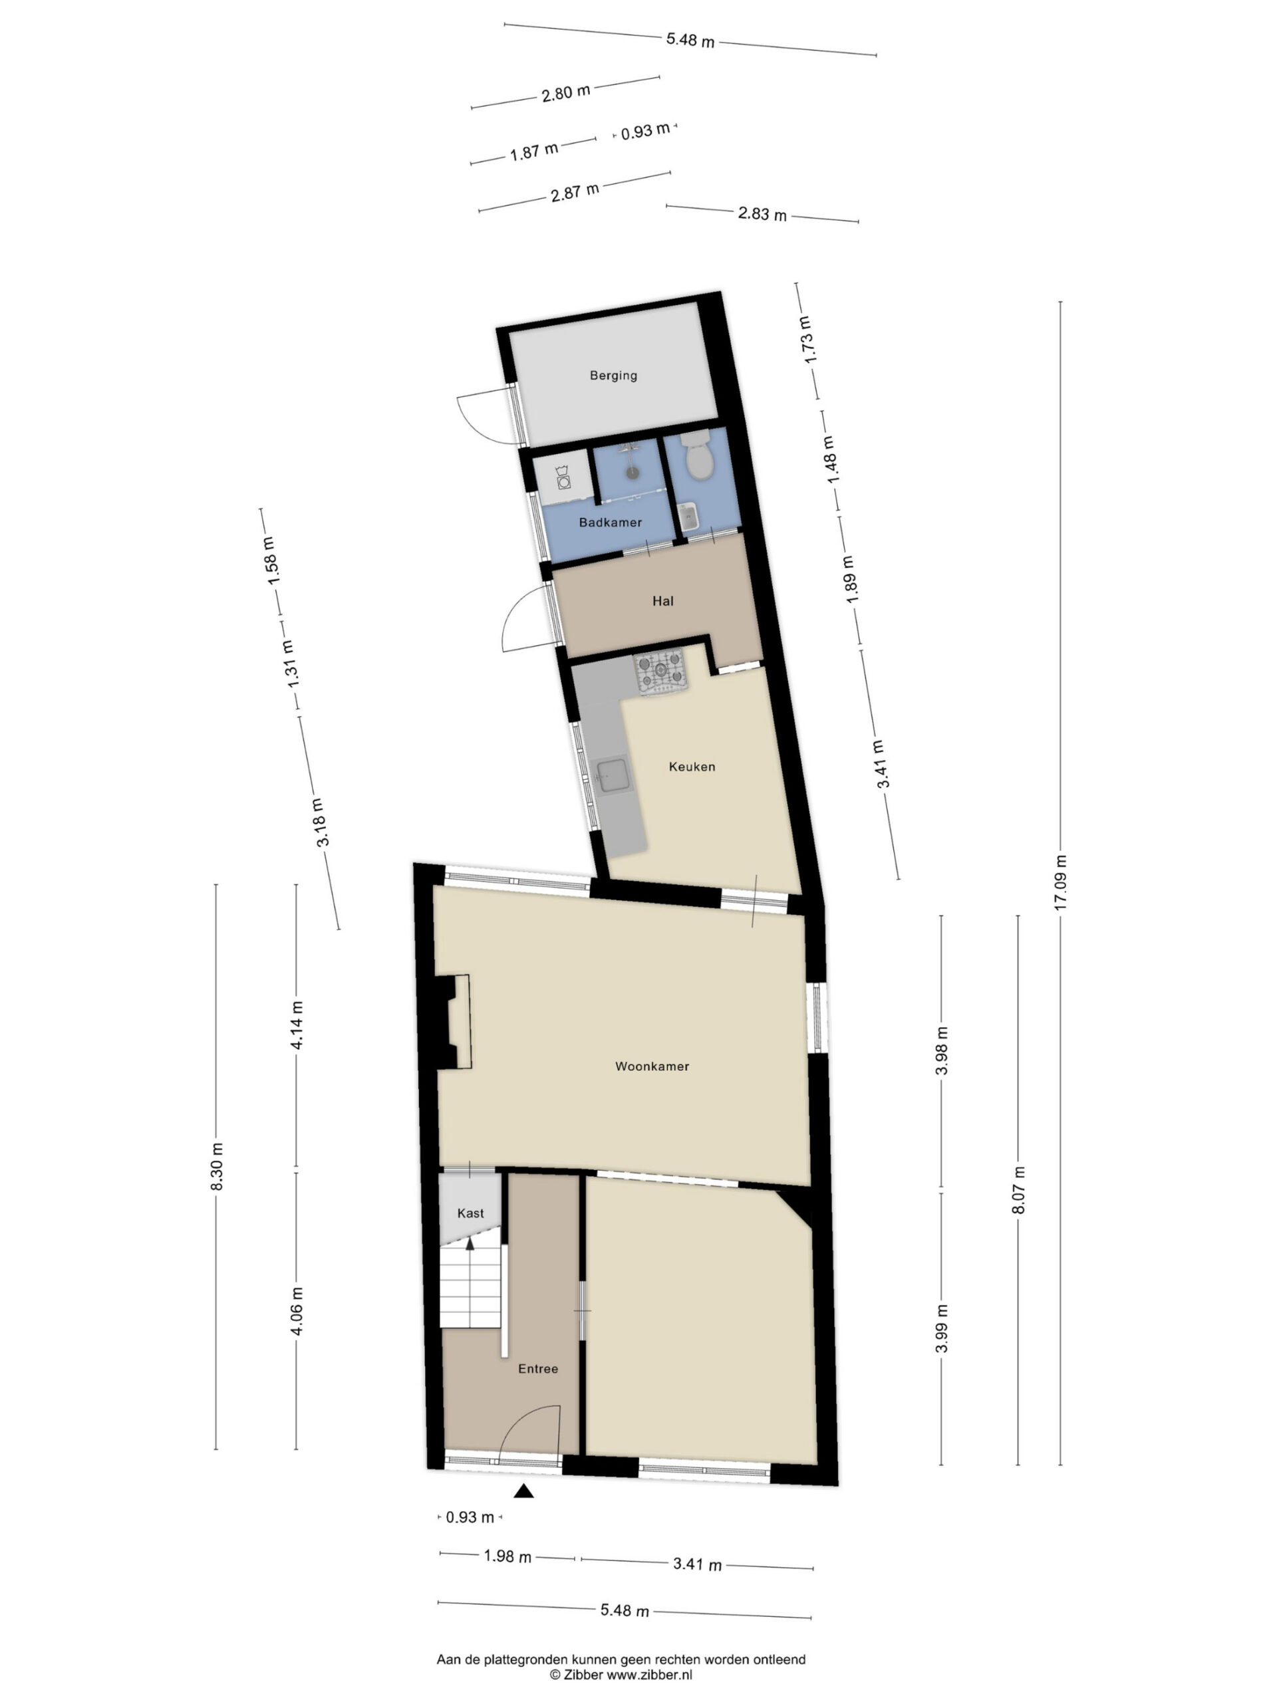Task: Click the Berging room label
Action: tap(613, 376)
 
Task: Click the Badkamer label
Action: tap(611, 523)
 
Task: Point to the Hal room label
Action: tap(662, 601)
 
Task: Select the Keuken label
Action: tap(692, 767)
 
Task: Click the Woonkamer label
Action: tap(652, 1066)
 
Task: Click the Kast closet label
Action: tap(470, 1213)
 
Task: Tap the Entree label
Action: tap(538, 1369)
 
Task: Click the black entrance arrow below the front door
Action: tap(524, 1492)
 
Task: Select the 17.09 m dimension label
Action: tap(1060, 882)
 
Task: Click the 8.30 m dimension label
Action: tap(216, 1167)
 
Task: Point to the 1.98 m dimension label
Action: tap(507, 1556)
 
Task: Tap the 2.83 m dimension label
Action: tap(762, 214)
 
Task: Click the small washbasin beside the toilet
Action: tap(688, 517)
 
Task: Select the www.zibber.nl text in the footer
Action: tap(650, 1674)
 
